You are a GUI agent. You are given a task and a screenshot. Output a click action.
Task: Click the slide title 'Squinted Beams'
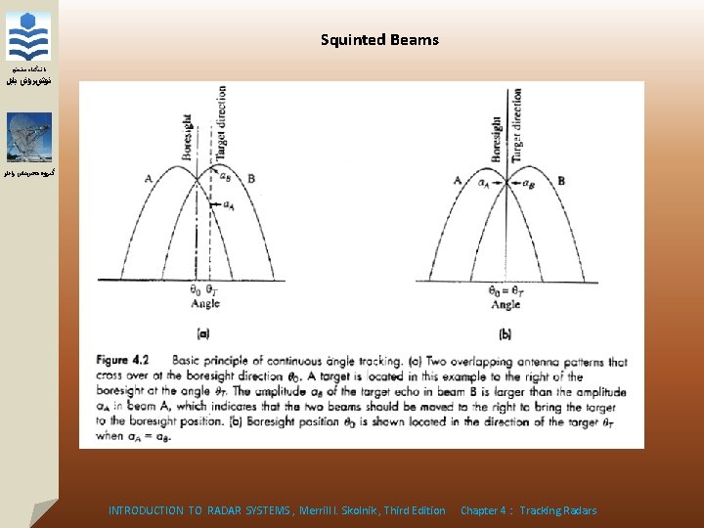click(379, 40)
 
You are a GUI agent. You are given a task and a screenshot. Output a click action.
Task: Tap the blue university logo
click(27, 36)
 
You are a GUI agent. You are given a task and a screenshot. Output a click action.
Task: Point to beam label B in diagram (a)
click(251, 178)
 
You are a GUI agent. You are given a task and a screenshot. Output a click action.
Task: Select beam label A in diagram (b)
click(457, 180)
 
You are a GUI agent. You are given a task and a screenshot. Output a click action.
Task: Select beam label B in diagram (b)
click(560, 180)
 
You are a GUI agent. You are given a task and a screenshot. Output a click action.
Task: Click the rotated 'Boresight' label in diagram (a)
click(188, 137)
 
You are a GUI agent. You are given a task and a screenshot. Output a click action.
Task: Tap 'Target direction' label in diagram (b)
click(516, 125)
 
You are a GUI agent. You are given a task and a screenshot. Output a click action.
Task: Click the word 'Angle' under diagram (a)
click(205, 304)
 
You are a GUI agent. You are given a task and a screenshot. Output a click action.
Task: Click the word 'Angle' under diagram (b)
click(506, 305)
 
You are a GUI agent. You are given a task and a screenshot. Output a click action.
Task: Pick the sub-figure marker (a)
click(204, 332)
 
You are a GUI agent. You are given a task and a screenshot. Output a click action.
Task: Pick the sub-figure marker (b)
click(506, 332)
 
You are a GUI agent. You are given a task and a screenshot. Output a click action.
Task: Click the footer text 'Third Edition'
click(415, 510)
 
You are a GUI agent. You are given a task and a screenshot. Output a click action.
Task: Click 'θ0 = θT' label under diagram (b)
click(506, 290)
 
